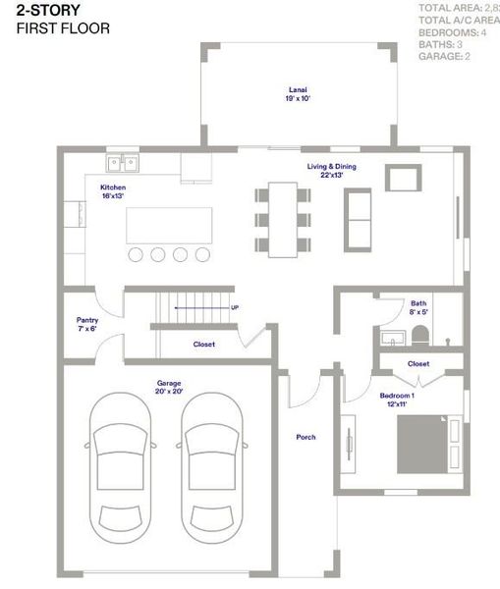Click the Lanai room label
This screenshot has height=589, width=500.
click(297, 93)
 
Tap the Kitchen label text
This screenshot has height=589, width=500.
click(114, 191)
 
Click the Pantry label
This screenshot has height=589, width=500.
click(87, 324)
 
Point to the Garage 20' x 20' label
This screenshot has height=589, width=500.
click(170, 387)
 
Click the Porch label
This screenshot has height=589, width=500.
click(306, 437)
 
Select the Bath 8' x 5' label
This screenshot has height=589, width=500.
click(419, 308)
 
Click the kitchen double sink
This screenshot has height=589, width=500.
click(123, 163)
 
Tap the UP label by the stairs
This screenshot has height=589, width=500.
click(234, 307)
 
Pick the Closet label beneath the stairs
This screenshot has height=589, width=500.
click(203, 345)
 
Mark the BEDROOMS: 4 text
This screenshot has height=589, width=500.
click(453, 32)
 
